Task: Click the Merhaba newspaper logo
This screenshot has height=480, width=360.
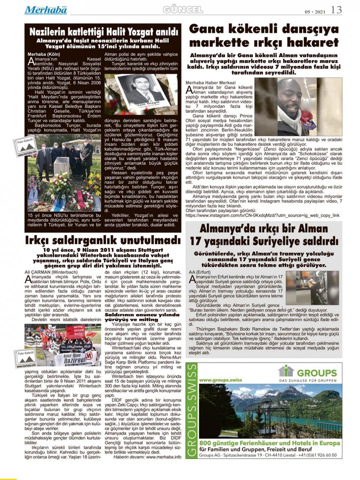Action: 45,10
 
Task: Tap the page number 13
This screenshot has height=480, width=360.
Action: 336,10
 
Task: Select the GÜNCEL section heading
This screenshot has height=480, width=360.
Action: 183,10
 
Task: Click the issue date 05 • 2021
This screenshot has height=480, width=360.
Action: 315,12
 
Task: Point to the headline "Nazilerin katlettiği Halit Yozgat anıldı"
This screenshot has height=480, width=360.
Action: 103,32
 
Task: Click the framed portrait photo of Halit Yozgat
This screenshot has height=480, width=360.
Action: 141,94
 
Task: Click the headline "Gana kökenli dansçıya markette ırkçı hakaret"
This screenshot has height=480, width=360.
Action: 264,36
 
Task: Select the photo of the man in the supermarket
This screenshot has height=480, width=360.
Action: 298,107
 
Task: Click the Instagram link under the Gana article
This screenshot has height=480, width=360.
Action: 262,215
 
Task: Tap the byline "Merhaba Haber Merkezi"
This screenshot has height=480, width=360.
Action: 211,82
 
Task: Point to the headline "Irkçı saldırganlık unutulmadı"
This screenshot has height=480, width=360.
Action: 103,240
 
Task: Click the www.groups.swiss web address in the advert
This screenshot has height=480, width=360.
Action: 220,380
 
